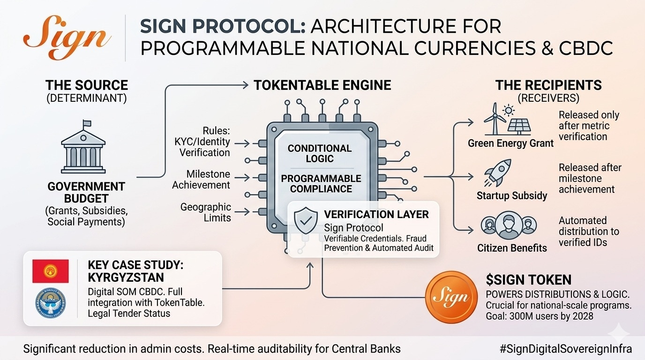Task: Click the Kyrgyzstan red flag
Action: click(x=50, y=271)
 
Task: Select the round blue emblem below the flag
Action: click(x=50, y=304)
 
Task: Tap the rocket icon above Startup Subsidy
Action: click(x=497, y=173)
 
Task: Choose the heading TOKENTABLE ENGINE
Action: click(x=322, y=85)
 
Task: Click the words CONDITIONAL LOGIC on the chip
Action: click(x=319, y=153)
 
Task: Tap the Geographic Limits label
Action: click(x=206, y=212)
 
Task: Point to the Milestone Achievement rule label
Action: click(x=201, y=179)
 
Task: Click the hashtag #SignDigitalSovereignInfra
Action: click(x=565, y=349)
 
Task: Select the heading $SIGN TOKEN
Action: click(x=528, y=280)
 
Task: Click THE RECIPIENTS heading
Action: click(x=548, y=85)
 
